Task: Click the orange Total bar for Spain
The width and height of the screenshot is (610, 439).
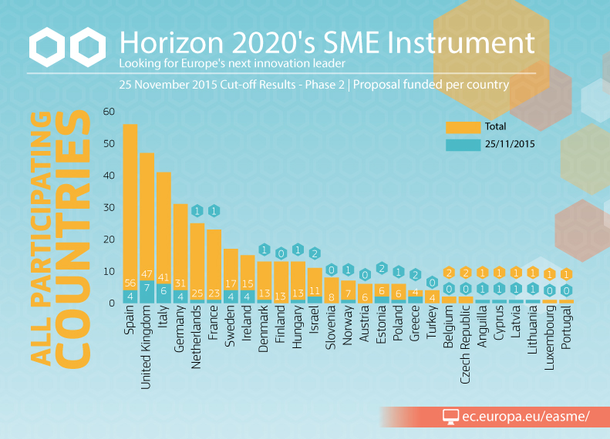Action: tap(130, 200)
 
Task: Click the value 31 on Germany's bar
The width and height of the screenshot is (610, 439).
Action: tap(180, 283)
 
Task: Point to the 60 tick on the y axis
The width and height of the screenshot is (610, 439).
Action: tap(108, 112)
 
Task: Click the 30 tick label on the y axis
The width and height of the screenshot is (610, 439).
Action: tap(108, 208)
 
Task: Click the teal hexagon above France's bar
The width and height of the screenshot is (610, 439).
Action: tap(214, 211)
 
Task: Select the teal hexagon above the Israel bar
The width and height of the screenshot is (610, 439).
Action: tap(315, 253)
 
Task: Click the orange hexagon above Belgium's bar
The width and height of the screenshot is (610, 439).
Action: tap(449, 273)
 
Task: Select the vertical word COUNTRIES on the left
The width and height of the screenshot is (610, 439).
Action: tap(75, 239)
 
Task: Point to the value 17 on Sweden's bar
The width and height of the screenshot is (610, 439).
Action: tap(231, 283)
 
